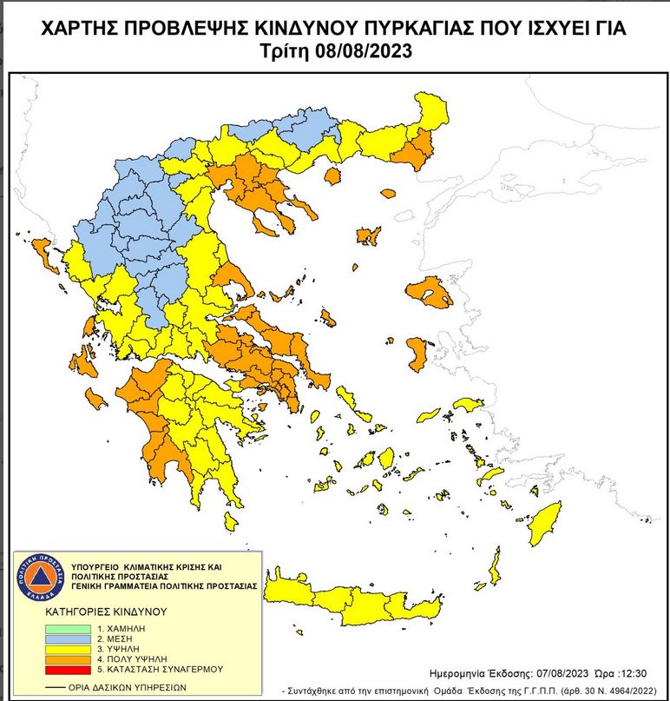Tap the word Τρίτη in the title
(x=285, y=50)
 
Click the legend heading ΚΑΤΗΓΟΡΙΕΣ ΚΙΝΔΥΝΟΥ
(x=105, y=612)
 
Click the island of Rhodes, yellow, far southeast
(x=546, y=523)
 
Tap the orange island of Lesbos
(x=430, y=292)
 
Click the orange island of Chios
(x=417, y=351)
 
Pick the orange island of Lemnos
(x=369, y=235)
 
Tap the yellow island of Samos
(x=470, y=406)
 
